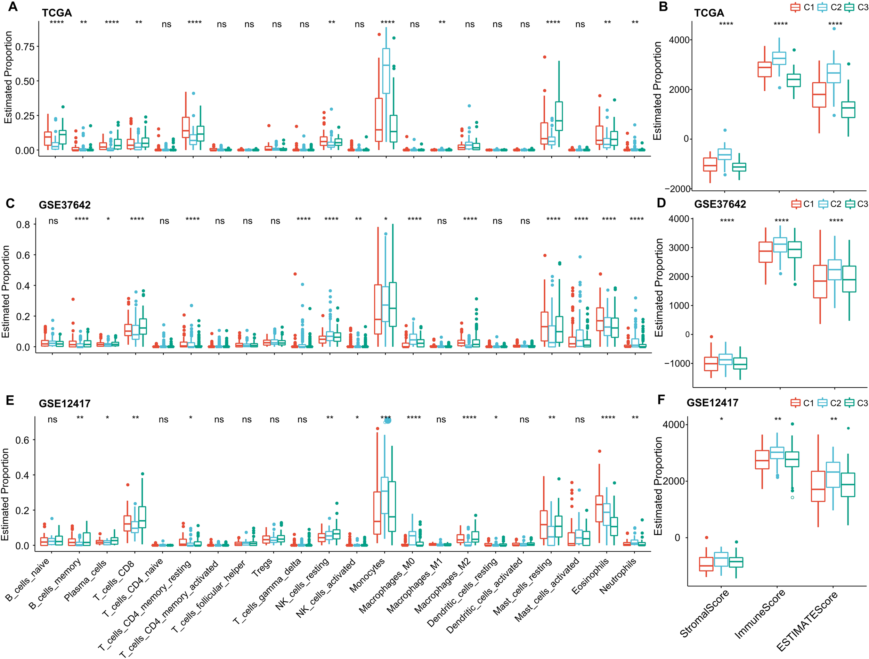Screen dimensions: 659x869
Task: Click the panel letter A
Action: point(13,7)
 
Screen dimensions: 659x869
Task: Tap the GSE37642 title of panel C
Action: point(64,205)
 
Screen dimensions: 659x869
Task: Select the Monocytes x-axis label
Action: point(367,576)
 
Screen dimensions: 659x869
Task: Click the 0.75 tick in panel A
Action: point(25,47)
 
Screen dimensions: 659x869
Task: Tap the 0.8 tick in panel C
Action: point(23,225)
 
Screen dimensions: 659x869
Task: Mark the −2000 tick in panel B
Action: point(680,189)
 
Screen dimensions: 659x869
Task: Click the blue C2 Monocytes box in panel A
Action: point(386,71)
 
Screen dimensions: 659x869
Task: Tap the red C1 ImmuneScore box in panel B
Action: point(764,69)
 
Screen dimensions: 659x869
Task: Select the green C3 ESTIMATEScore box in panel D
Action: point(849,279)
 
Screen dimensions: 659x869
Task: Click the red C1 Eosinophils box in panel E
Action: point(599,509)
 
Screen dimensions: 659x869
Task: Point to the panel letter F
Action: point(661,400)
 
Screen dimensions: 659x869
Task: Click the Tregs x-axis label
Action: point(262,568)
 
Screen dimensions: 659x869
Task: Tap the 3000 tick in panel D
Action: point(679,248)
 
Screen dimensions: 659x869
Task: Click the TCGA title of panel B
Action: point(709,13)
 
